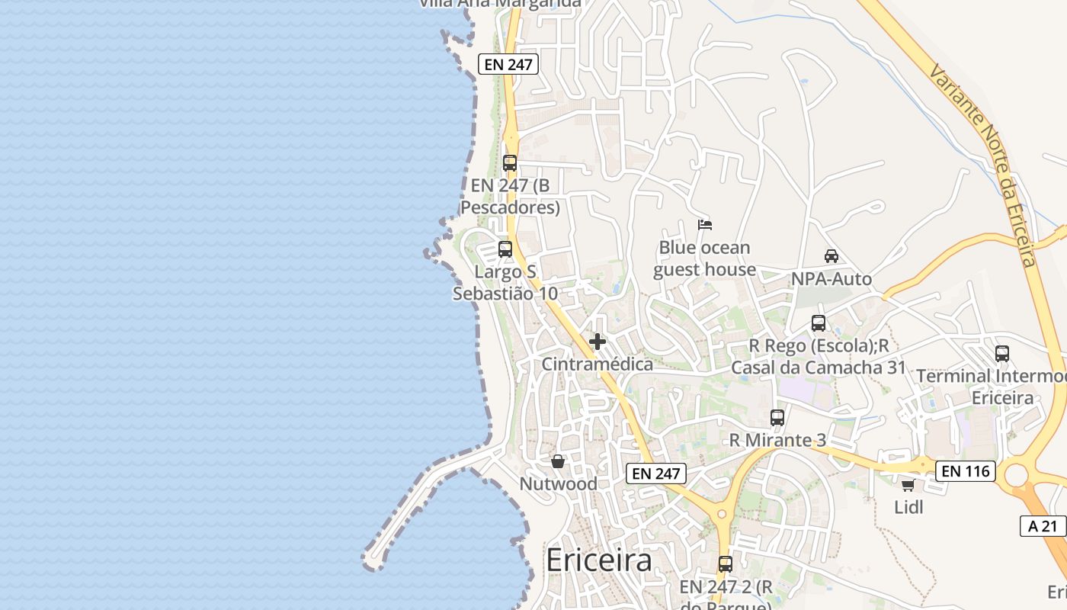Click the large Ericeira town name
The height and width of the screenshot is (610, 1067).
(599, 560)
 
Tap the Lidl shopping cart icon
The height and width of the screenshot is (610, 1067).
(908, 485)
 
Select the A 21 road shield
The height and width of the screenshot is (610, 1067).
(1043, 525)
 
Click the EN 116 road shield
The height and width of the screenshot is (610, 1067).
(966, 471)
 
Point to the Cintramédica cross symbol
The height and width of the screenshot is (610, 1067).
(598, 341)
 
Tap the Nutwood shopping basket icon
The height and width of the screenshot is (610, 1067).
(558, 461)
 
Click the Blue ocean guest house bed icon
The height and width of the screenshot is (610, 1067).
(705, 225)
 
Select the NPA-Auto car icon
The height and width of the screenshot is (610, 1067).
(831, 256)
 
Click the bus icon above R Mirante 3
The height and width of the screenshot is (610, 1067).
(777, 418)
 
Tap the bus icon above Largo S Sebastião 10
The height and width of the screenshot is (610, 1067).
(505, 249)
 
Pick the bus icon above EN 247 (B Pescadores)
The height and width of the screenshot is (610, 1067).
(510, 163)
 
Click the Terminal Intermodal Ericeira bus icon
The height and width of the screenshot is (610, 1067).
(1002, 354)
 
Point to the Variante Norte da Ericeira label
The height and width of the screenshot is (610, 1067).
(983, 164)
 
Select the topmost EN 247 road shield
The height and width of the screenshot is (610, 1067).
(508, 64)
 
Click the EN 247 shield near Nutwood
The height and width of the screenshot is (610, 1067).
(656, 474)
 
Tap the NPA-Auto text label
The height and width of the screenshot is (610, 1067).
(831, 279)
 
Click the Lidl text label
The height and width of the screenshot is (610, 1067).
(908, 507)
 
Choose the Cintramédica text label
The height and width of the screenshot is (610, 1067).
(598, 364)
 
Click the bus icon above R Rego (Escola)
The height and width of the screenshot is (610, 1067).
(819, 323)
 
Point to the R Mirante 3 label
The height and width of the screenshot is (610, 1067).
(777, 440)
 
